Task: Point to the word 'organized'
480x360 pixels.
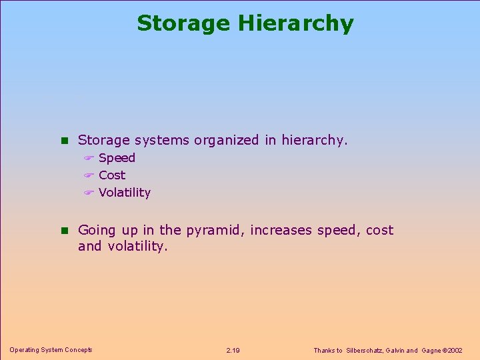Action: [226, 141]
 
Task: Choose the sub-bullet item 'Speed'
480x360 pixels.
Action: [117, 158]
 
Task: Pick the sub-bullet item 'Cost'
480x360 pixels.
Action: [112, 175]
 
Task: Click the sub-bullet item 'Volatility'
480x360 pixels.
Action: [125, 193]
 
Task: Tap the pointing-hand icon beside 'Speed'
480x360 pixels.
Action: [88, 159]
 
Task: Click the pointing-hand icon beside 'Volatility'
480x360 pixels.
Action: [88, 193]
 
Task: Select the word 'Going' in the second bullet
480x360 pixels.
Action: [97, 231]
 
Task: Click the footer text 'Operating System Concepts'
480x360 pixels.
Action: [51, 350]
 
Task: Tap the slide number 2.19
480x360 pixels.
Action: [233, 351]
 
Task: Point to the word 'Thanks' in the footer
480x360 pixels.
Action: [324, 351]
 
